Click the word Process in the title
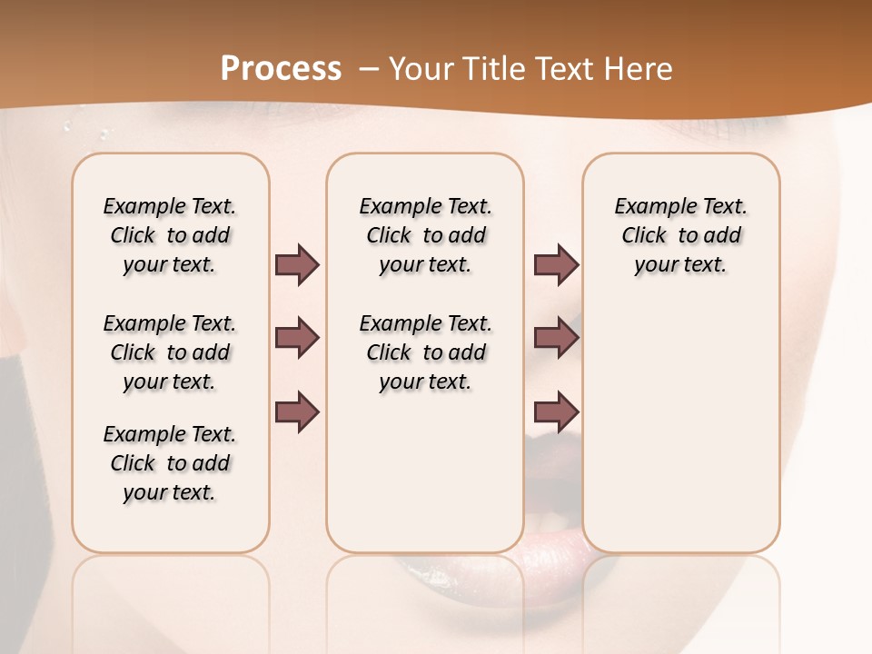click(x=281, y=69)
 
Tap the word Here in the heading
click(x=641, y=69)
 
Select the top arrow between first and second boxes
click(x=297, y=265)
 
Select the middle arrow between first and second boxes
click(x=297, y=338)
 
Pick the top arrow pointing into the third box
click(x=556, y=265)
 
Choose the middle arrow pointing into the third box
click(x=556, y=338)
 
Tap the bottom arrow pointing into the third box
click(x=556, y=412)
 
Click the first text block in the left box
click(x=170, y=235)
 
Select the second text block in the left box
click(x=170, y=352)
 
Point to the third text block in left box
click(x=170, y=463)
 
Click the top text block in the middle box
click(x=425, y=235)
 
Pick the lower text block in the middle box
click(x=425, y=352)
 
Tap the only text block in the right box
click(x=680, y=235)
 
